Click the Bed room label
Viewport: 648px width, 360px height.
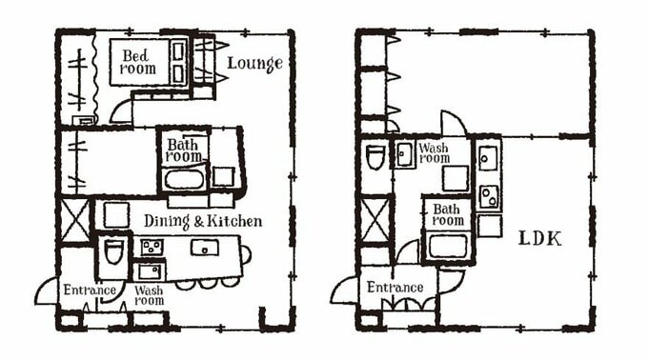(136, 62)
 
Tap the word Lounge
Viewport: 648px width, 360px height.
(254, 64)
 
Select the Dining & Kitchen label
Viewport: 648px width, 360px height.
(202, 221)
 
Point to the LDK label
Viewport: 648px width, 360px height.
(539, 238)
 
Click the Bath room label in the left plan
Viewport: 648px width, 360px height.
(183, 150)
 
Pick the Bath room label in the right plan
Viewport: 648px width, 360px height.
(448, 215)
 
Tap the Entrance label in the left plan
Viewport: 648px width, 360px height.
(90, 290)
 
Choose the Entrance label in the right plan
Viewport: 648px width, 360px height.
(395, 287)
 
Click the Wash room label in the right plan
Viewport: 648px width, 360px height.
(434, 152)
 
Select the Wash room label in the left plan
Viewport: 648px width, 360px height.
(148, 294)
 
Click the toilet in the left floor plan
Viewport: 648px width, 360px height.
(113, 251)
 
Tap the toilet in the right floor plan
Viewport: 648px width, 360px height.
(375, 155)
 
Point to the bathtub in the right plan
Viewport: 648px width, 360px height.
(447, 246)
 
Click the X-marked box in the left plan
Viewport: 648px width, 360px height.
(74, 220)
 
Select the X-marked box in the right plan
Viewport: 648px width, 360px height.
(375, 218)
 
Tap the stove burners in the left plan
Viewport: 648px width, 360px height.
(151, 249)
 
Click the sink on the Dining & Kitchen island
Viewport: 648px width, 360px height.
(204, 248)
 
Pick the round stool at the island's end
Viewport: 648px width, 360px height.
(246, 254)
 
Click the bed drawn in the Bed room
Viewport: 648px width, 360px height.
(178, 61)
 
